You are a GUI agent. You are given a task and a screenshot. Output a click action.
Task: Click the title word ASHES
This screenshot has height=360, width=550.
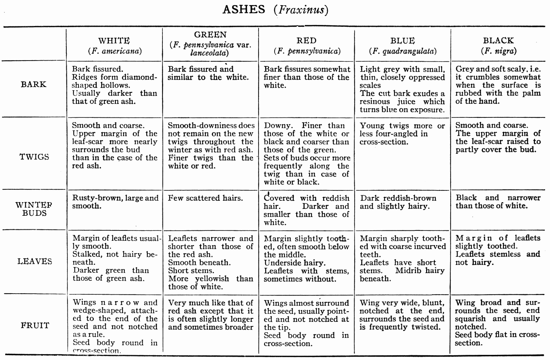point(243,9)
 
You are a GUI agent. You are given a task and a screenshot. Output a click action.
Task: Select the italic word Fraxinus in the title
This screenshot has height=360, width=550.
point(300,10)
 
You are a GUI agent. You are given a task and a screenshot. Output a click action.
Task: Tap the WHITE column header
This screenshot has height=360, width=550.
point(114,41)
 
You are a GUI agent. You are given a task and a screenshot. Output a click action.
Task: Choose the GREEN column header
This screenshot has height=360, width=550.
point(210,35)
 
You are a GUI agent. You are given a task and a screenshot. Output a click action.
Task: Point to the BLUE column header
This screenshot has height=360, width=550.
point(402,41)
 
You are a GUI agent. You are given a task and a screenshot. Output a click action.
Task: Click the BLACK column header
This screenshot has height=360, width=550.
point(498,40)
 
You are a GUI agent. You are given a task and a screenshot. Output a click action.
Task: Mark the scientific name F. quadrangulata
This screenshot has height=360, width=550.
point(403,51)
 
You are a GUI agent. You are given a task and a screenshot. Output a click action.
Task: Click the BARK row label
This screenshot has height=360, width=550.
point(34,84)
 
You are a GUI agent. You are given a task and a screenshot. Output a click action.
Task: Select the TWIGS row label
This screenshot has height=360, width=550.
point(34,157)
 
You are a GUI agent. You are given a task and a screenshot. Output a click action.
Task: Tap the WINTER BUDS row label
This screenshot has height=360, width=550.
point(34,209)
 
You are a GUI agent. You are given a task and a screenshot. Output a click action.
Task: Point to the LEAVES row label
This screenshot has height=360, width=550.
point(34,261)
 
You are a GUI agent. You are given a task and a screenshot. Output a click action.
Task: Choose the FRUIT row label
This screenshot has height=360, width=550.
point(35,326)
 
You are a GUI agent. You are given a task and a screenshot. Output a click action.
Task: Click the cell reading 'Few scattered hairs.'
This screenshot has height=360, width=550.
point(205,198)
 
